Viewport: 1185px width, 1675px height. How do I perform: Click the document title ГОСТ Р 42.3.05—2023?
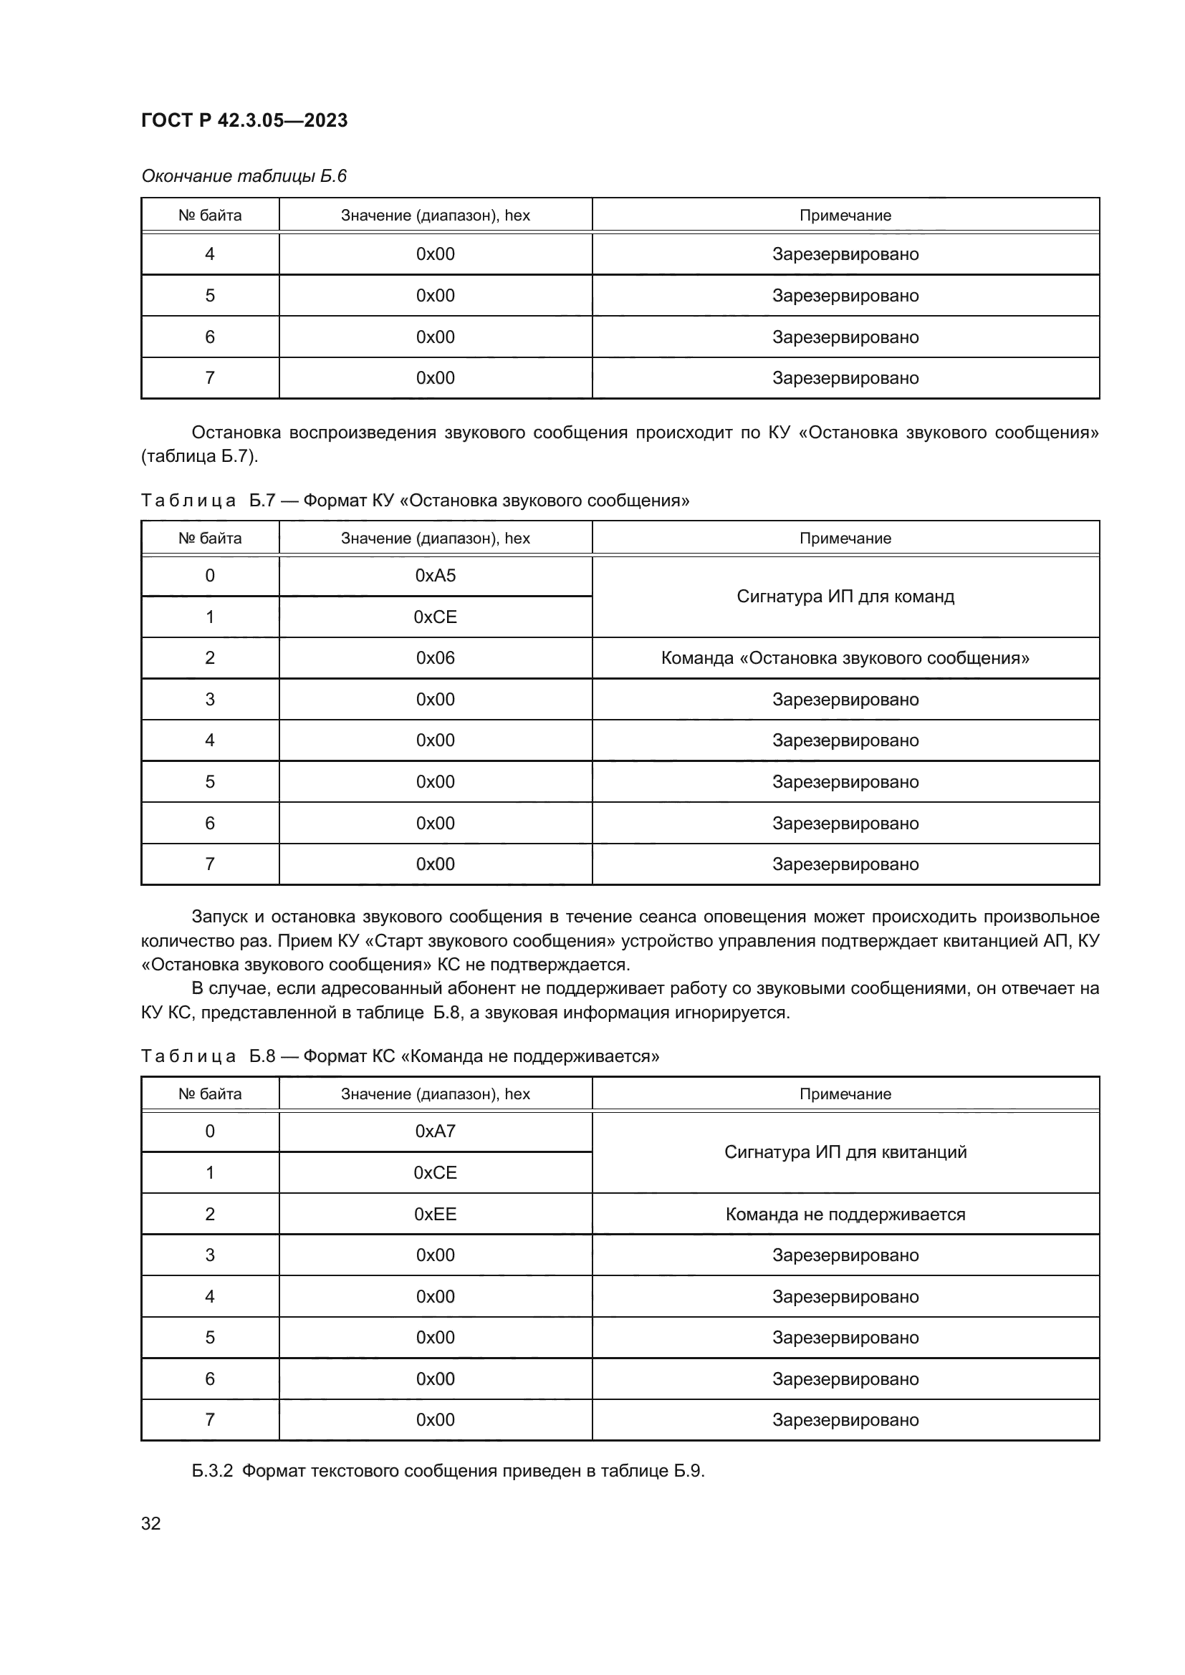[244, 120]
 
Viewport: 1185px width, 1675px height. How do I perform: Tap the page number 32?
[150, 1523]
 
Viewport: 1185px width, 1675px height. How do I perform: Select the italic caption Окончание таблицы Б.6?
[244, 176]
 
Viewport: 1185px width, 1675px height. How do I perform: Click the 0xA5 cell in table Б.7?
[435, 576]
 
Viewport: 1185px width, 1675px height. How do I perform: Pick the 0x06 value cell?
[435, 658]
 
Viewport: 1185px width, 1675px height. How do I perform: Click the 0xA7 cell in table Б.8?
[435, 1131]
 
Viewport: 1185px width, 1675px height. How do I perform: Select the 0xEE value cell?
[435, 1214]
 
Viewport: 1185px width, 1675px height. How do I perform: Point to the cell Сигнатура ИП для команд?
[845, 597]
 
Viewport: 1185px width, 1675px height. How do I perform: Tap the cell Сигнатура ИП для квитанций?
[845, 1152]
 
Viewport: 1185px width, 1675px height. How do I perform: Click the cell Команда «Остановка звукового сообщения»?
[845, 658]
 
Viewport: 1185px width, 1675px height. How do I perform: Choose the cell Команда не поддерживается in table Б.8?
[845, 1214]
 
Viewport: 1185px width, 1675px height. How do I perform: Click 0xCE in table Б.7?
[435, 617]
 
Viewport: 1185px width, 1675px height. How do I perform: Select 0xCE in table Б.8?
[435, 1172]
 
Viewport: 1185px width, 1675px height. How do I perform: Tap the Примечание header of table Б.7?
[845, 539]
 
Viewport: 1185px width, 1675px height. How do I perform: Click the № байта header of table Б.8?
[209, 1094]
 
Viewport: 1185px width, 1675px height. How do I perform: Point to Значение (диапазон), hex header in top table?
[435, 216]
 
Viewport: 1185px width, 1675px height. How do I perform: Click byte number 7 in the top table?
[209, 378]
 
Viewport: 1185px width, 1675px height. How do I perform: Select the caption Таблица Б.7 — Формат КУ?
[414, 501]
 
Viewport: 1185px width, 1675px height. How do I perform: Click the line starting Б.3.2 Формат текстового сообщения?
[448, 1471]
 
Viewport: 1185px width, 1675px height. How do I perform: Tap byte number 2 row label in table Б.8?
[209, 1214]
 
